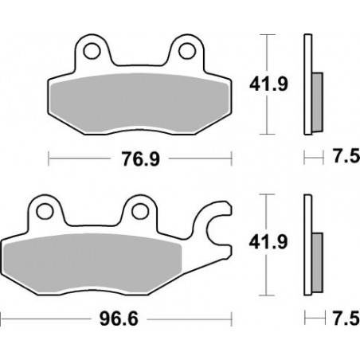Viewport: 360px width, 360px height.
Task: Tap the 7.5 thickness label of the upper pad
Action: [341, 158]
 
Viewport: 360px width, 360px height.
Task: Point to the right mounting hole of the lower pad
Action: [141, 211]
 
